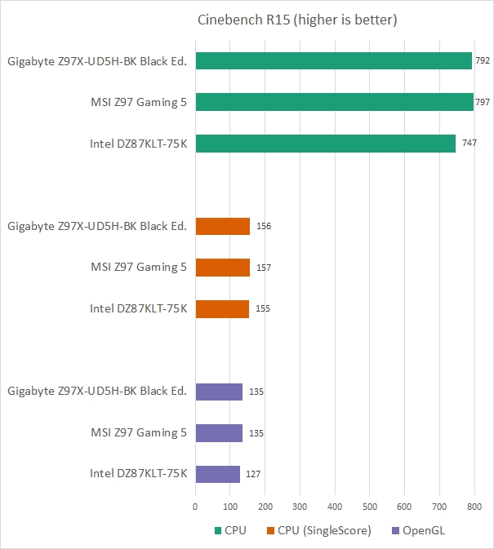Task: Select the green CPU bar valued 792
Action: [x=333, y=60]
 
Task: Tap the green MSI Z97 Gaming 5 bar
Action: [x=334, y=102]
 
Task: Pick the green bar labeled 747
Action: [x=325, y=144]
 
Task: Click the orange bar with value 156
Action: [x=222, y=226]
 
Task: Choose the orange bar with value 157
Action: [x=222, y=268]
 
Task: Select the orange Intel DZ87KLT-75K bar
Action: [x=222, y=309]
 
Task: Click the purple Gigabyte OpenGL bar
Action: [x=219, y=392]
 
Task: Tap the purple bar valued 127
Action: [x=217, y=474]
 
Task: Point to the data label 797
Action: [x=483, y=102]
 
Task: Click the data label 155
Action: [x=263, y=309]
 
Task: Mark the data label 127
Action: [x=253, y=474]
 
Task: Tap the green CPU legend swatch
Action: [x=217, y=530]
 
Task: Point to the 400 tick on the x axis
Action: [x=335, y=507]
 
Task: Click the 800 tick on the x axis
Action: [x=474, y=507]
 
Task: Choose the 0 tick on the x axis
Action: [x=195, y=507]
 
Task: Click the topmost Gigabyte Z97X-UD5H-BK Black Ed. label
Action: [x=97, y=60]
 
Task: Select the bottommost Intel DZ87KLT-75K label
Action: [x=138, y=474]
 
